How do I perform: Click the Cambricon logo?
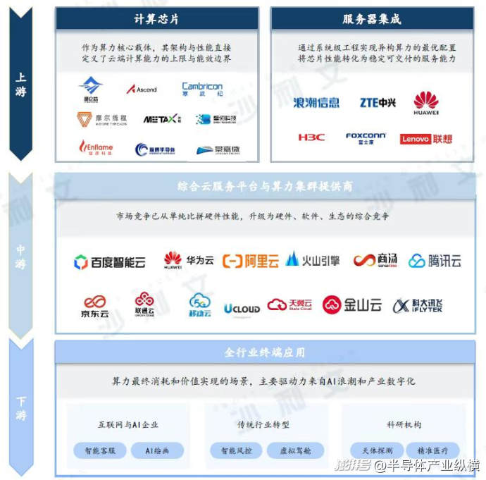pyautogui.click(x=201, y=90)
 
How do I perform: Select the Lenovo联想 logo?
pyautogui.click(x=426, y=139)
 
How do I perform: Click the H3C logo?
pyautogui.click(x=311, y=137)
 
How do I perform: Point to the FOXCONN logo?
pyautogui.click(x=366, y=138)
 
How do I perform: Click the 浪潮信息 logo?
pyautogui.click(x=316, y=103)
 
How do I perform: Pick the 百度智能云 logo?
pyautogui.click(x=109, y=262)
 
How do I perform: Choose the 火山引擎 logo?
pyautogui.click(x=313, y=260)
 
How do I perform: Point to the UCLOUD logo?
pyautogui.click(x=242, y=308)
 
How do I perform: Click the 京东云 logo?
pyautogui.click(x=94, y=306)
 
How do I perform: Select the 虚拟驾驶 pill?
pyautogui.click(x=295, y=450)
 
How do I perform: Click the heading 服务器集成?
pyautogui.click(x=371, y=19)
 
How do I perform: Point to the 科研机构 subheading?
pyautogui.click(x=404, y=425)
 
